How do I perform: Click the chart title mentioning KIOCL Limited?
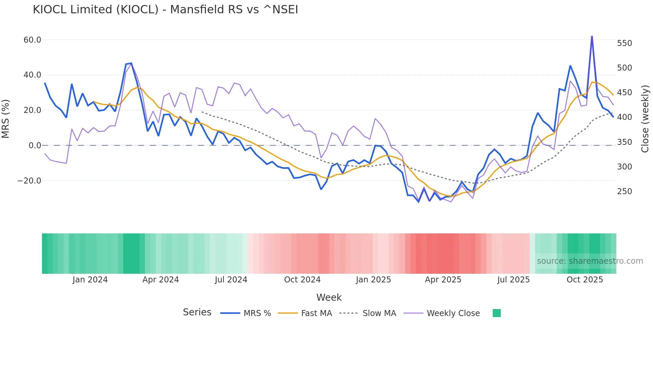(165, 10)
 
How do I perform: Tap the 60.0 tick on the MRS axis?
(32, 40)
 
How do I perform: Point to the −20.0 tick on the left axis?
(29, 181)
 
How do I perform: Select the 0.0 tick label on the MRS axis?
(35, 146)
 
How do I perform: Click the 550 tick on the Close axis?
(624, 43)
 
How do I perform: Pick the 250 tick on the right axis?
(624, 191)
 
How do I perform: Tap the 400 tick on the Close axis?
(624, 117)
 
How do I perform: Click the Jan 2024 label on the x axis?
(90, 280)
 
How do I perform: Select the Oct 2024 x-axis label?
(302, 280)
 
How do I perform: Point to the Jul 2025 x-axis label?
(513, 280)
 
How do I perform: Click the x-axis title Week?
(329, 297)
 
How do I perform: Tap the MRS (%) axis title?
(6, 119)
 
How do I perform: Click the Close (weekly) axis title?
(645, 119)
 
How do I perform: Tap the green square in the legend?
(496, 313)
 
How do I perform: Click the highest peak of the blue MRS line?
(592, 36)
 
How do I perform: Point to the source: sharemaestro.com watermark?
(590, 261)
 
